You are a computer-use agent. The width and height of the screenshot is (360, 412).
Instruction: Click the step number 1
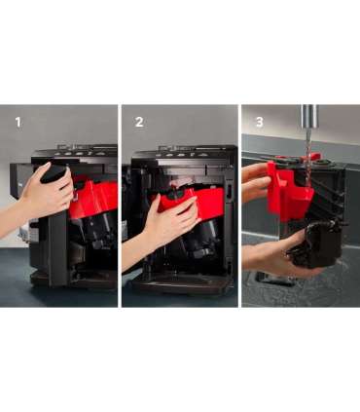pyautogui.click(x=18, y=123)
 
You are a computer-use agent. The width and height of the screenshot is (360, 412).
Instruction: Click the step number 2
pyautogui.click(x=139, y=122)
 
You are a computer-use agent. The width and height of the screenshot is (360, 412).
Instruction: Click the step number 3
pyautogui.click(x=260, y=122)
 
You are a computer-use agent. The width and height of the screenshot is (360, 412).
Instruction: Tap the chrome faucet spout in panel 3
pyautogui.click(x=308, y=116)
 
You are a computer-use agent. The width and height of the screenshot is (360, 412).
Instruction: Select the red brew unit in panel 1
pyautogui.click(x=94, y=199)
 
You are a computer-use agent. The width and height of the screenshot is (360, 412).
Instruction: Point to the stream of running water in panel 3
pyautogui.click(x=308, y=153)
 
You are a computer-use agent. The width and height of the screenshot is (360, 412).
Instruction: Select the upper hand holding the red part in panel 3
pyautogui.click(x=256, y=182)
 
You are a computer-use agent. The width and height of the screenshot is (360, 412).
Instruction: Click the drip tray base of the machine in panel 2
pyautogui.click(x=182, y=285)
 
